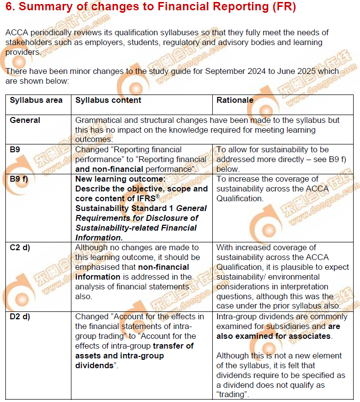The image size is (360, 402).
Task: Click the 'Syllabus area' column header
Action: pyautogui.click(x=36, y=100)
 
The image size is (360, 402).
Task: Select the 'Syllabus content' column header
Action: pyautogui.click(x=108, y=100)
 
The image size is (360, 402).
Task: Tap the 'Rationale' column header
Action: pyautogui.click(x=235, y=100)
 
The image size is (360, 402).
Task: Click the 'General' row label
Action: pyautogui.click(x=25, y=120)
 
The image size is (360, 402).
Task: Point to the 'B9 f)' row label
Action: pyautogui.click(x=20, y=179)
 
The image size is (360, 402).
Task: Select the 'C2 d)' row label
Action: pyautogui.click(x=20, y=247)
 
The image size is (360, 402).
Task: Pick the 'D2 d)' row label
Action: pyautogui.click(x=20, y=316)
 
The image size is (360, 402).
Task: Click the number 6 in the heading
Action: pyautogui.click(x=9, y=8)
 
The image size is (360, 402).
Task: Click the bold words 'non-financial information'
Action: pyautogui.click(x=132, y=272)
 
